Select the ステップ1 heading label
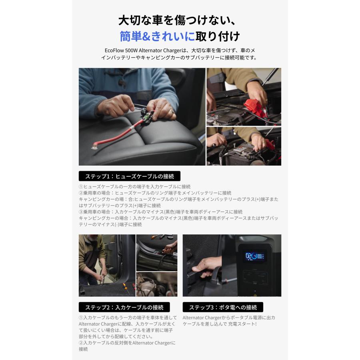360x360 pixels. tap(129, 176)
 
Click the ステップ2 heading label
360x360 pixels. tap(124, 307)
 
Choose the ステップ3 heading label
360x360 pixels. tap(223, 307)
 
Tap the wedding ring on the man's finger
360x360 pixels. tap(171, 112)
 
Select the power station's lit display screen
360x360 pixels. tap(254, 256)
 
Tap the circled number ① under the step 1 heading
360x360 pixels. tap(81, 187)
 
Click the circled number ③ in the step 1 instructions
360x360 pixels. tap(81, 212)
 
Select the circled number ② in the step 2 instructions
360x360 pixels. tap(81, 343)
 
